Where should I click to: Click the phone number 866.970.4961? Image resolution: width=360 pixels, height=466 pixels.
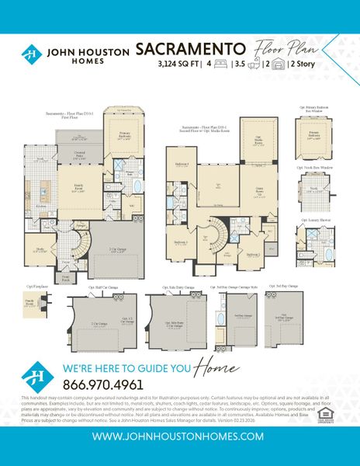(x=102, y=363)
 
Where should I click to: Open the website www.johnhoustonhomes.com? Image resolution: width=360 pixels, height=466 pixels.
(x=179, y=437)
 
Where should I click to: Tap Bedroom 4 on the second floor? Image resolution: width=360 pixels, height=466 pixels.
(x=182, y=165)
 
